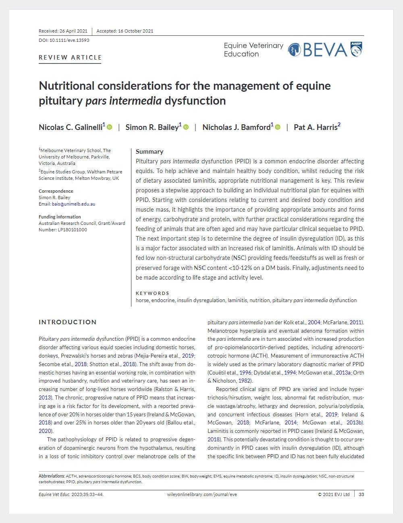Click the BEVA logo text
[324, 50]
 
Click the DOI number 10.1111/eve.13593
[64, 40]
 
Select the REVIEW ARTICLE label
[70, 58]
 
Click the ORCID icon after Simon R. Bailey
[186, 127]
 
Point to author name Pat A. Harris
[316, 127]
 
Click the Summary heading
[150, 152]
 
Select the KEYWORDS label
[152, 293]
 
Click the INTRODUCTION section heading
[68, 322]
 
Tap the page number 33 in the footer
[361, 494]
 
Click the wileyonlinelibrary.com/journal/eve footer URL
[202, 494]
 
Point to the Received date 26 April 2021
[63, 31]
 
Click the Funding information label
[60, 217]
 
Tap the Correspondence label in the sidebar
[56, 191]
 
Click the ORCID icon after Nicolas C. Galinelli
[110, 127]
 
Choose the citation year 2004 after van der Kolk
[314, 322]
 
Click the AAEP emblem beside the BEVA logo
[356, 49]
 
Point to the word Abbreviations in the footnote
[52, 476]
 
